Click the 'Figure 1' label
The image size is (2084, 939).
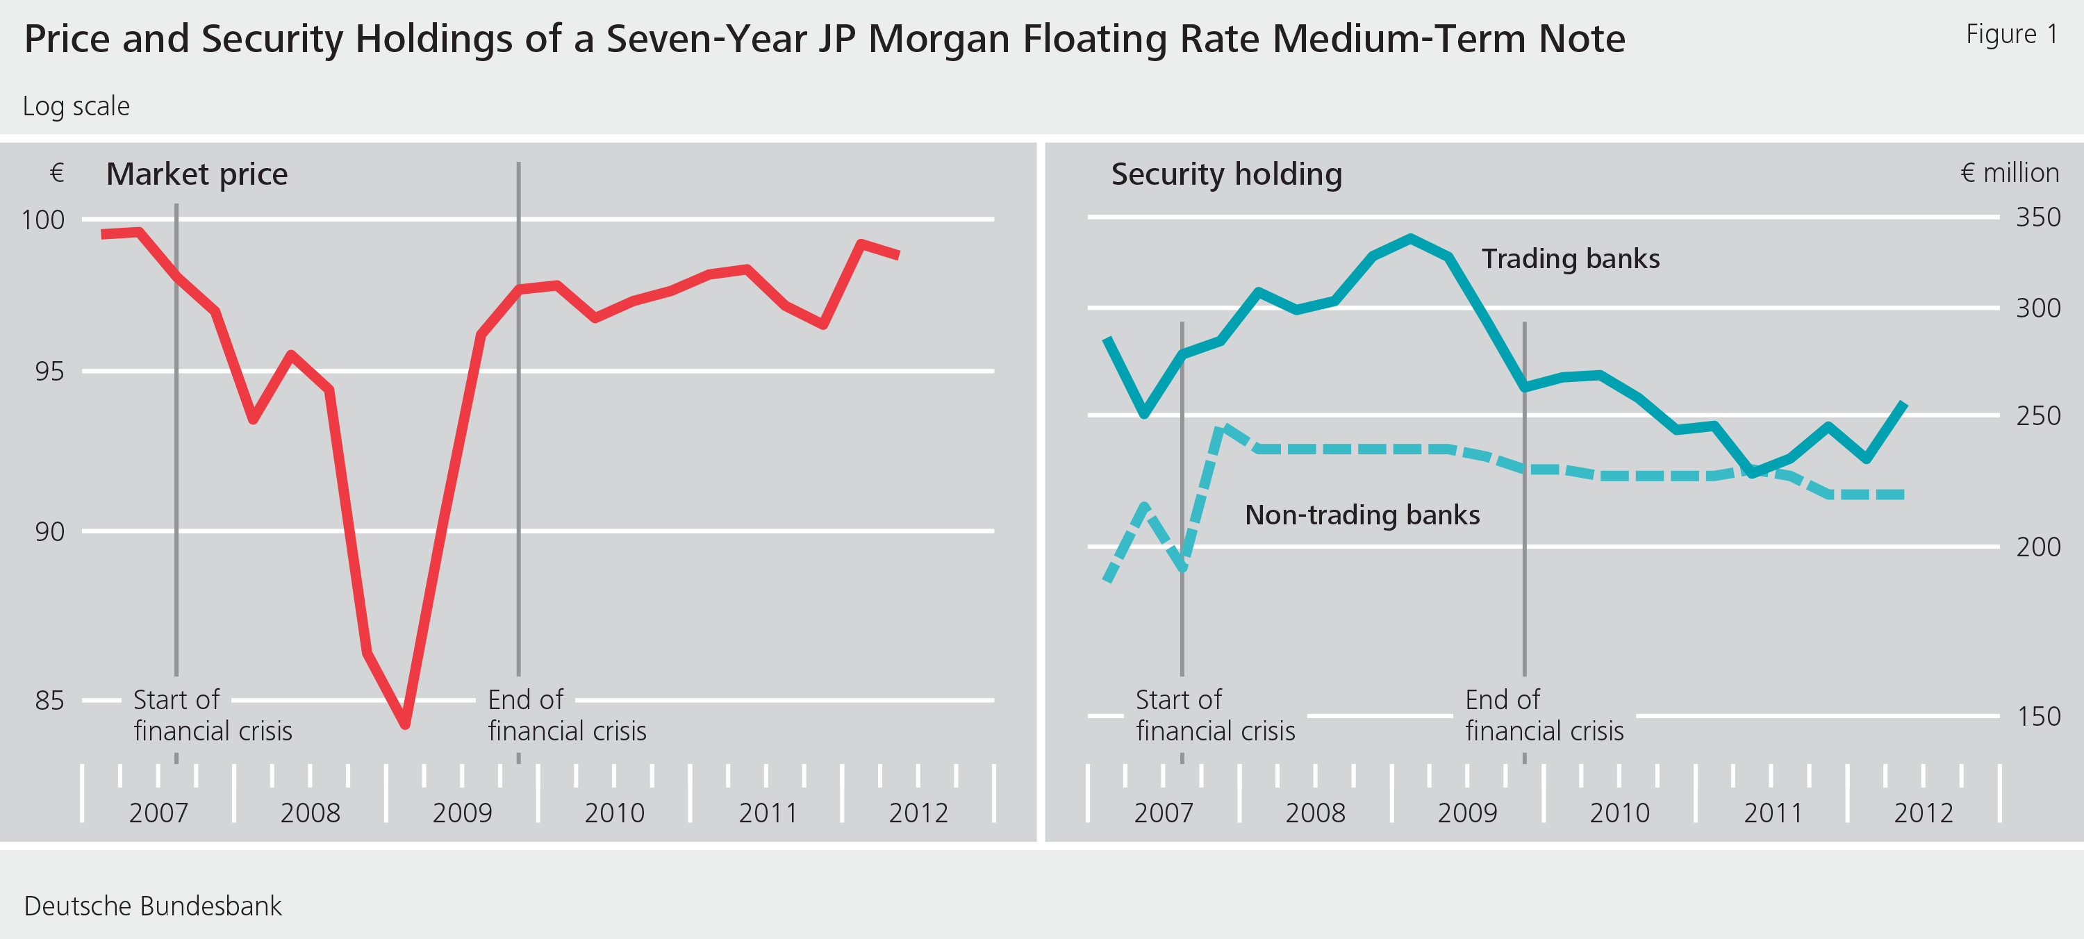point(2011,34)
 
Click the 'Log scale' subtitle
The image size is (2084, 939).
point(76,106)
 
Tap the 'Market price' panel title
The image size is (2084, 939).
point(197,174)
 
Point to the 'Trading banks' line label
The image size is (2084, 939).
point(1569,259)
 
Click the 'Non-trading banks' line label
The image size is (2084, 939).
point(1362,515)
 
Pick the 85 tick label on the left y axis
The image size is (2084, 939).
point(49,700)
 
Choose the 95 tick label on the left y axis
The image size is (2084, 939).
point(49,372)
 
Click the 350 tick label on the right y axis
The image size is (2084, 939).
point(2037,217)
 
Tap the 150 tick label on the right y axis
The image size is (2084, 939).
point(2037,717)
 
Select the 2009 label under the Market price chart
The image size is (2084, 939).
point(462,812)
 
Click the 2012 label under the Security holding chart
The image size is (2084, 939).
point(1923,812)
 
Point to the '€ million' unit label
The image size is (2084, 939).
point(2010,172)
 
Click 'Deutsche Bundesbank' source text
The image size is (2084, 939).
point(153,906)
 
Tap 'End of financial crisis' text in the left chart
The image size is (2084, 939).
point(566,715)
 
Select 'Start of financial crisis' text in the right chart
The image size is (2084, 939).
point(1214,715)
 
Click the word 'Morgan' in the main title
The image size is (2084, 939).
point(938,39)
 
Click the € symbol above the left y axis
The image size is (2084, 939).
point(57,172)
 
